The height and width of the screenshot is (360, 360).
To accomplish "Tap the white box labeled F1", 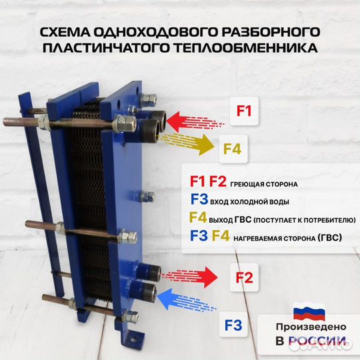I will (x=244, y=111).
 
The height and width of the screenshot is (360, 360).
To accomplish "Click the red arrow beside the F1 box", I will (x=193, y=122).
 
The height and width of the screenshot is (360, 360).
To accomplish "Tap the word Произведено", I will (x=311, y=327).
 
